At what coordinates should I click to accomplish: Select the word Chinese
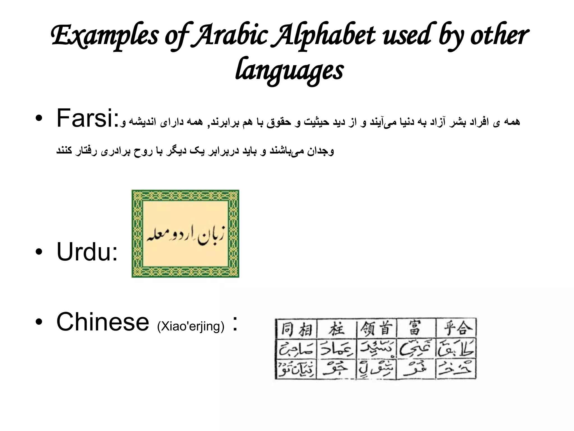(x=103, y=322)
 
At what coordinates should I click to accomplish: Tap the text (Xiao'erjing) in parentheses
(x=191, y=326)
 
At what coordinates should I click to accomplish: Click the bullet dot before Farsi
(x=39, y=119)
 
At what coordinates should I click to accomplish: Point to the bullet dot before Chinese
(x=39, y=322)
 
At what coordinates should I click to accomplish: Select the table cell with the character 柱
(x=337, y=329)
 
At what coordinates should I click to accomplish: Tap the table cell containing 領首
(x=376, y=329)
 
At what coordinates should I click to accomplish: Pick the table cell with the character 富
(x=416, y=329)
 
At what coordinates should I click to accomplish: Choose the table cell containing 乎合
(x=456, y=329)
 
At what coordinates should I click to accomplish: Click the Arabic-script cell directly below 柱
(x=337, y=349)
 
